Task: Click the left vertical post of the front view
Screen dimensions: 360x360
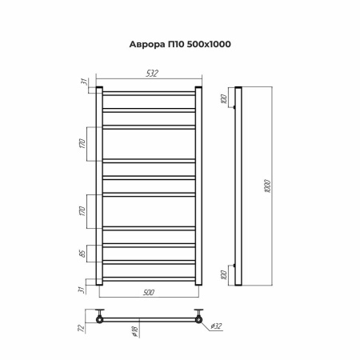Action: click(99, 184)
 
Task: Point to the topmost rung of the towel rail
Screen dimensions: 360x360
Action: click(149, 94)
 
